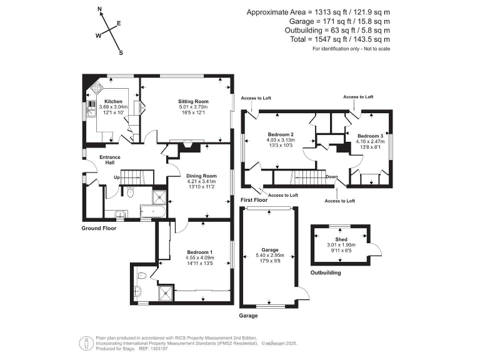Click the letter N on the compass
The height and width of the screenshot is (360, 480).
[x=100, y=9]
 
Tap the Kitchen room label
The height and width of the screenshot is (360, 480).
[x=113, y=101]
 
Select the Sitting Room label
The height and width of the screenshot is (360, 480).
[x=193, y=101]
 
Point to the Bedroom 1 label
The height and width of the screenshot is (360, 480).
[x=199, y=251]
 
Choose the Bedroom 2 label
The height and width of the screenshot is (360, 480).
[x=281, y=134]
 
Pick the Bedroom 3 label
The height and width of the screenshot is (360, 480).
[x=370, y=136]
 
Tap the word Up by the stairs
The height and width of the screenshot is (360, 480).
[x=116, y=177]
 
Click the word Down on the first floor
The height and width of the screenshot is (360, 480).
[x=331, y=177]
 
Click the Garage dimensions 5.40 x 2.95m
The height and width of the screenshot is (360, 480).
[x=269, y=255]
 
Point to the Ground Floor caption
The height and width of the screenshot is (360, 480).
[x=99, y=228]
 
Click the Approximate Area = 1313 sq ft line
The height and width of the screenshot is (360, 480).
[x=319, y=12]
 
